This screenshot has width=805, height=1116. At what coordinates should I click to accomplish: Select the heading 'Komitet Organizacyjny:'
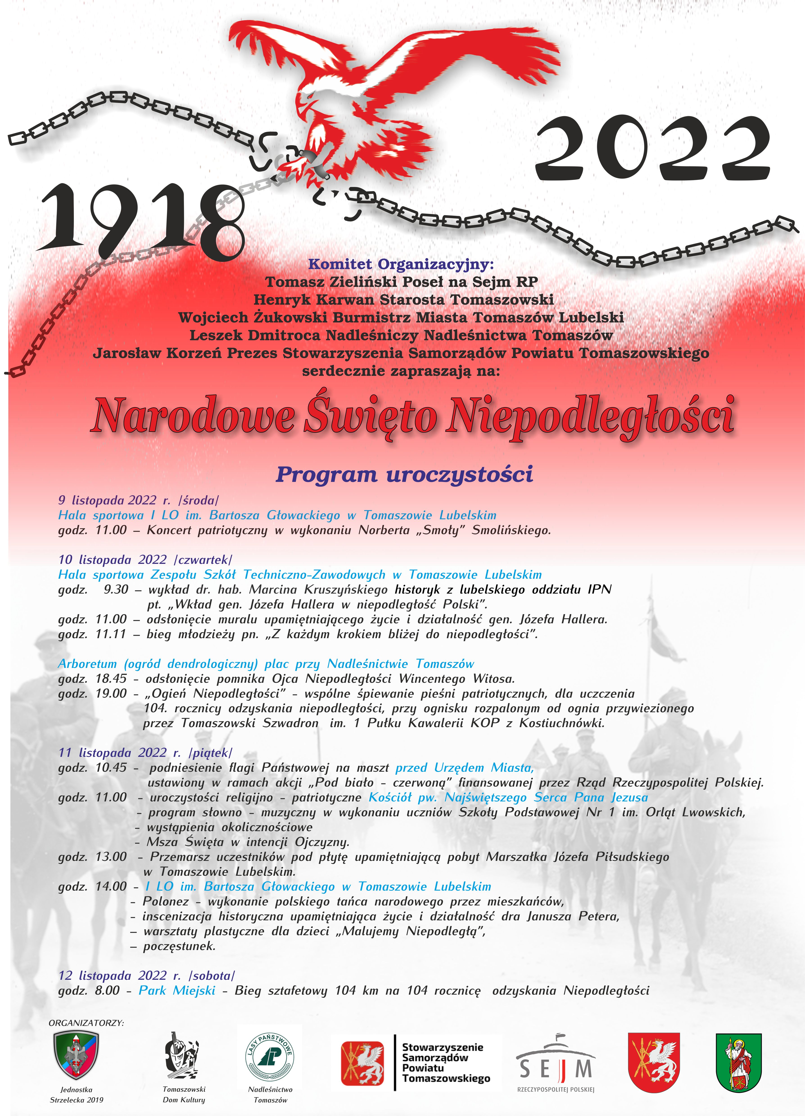(x=401, y=264)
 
